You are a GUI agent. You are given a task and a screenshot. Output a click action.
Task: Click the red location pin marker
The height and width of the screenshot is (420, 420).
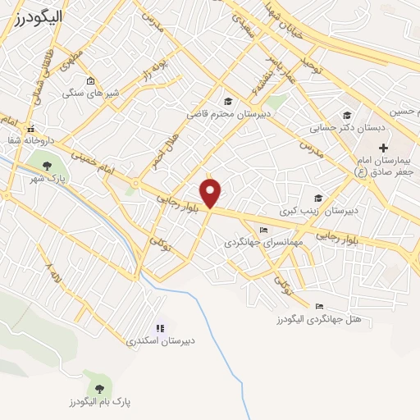[212, 193]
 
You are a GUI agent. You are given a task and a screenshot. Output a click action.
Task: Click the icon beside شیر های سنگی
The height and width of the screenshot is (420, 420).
[89, 81]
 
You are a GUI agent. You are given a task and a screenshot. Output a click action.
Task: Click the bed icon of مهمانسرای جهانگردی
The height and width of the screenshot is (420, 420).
[262, 231]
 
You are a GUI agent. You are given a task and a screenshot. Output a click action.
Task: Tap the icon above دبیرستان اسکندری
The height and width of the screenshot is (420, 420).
[160, 327]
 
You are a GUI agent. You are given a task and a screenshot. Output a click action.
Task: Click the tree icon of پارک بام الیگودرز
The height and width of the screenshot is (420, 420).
[100, 387]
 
